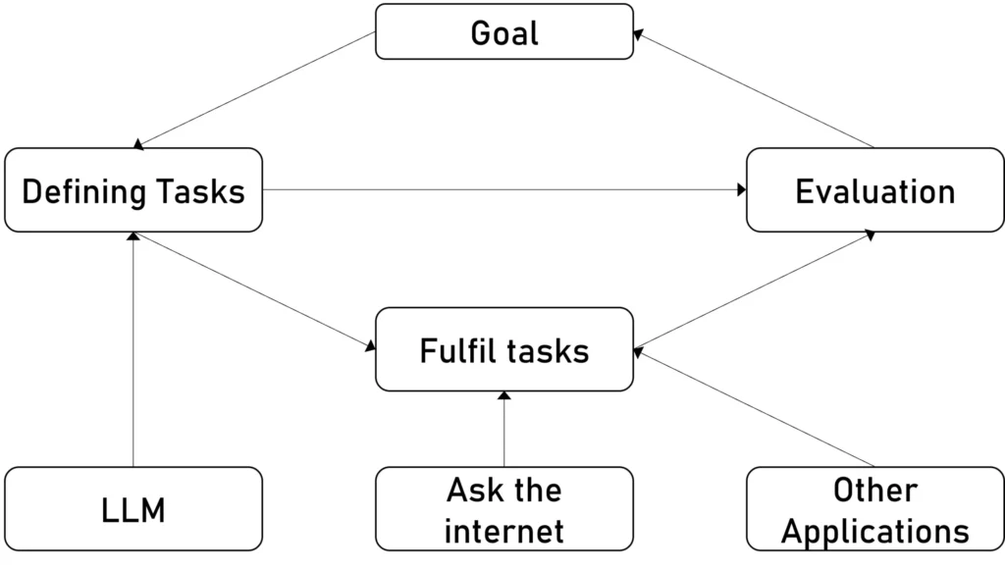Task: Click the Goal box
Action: [504, 31]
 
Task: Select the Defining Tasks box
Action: [133, 190]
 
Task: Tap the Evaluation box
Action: [874, 190]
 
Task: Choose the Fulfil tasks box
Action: [504, 350]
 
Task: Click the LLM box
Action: [133, 509]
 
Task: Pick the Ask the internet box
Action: [504, 509]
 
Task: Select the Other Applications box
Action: [874, 509]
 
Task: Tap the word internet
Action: [504, 531]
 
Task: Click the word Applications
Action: [874, 531]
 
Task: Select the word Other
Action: [874, 489]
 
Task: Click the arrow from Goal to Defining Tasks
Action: [255, 89]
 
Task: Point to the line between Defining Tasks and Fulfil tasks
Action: [255, 290]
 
